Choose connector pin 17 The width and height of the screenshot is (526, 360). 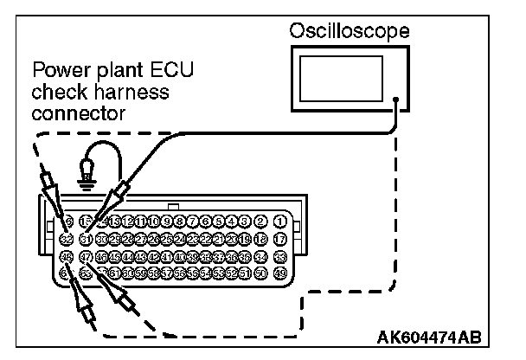click(279, 238)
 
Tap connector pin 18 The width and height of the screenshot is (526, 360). click(262, 238)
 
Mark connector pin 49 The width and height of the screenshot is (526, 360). click(279, 273)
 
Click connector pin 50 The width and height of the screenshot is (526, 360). click(262, 273)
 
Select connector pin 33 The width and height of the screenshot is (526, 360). click(279, 256)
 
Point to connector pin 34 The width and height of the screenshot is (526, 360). click(262, 256)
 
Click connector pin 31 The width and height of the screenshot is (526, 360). click(85, 238)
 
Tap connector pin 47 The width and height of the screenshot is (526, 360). click(85, 256)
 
